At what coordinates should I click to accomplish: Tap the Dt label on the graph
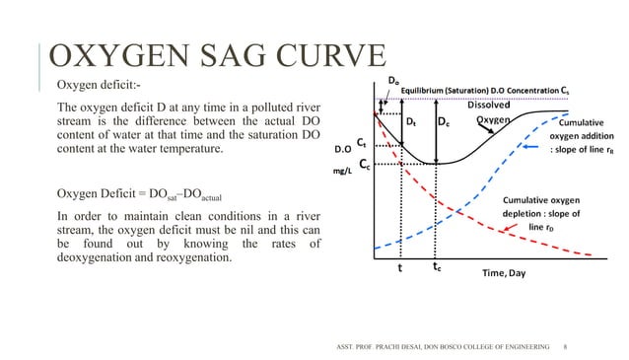pos(411,123)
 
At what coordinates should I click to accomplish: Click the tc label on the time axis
pos(440,266)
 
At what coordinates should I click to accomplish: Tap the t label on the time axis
pos(400,266)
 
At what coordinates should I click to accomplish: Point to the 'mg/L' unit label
pos(343,170)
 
